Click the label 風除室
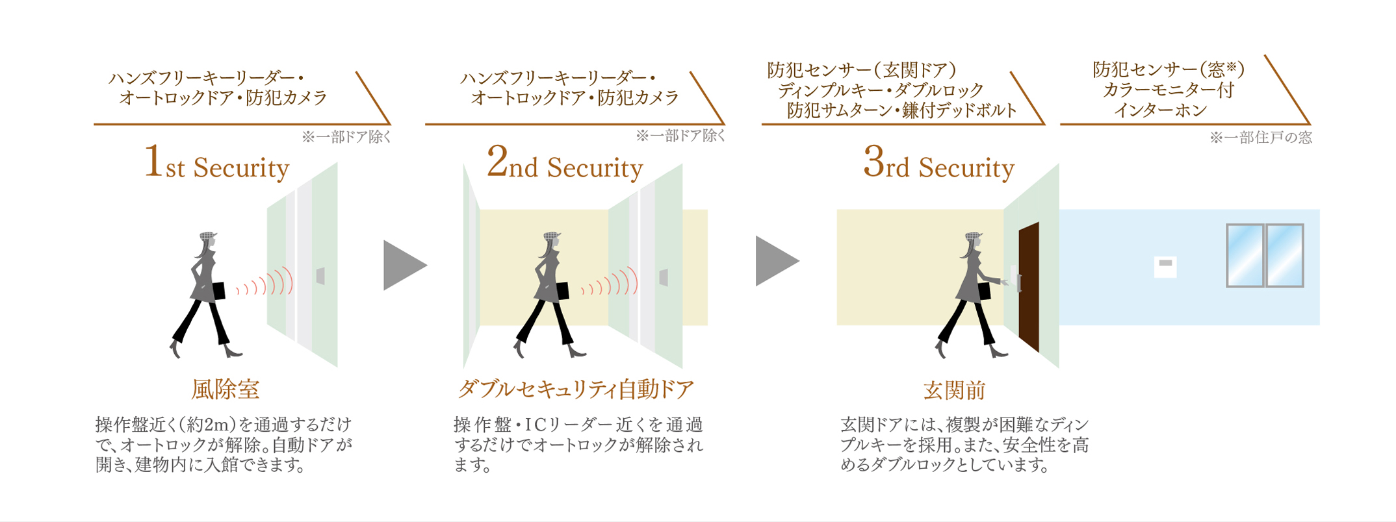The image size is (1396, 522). [x=225, y=390]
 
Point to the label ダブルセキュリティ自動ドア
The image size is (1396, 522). [x=576, y=390]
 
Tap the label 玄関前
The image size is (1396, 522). [x=954, y=390]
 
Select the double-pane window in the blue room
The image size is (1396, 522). [x=1264, y=255]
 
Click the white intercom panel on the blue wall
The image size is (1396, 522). [x=1165, y=267]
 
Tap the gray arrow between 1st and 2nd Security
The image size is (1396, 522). [x=403, y=265]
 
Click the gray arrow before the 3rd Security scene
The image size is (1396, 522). [x=775, y=261]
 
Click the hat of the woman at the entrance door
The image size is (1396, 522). [x=972, y=237]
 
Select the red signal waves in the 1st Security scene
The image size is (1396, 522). [x=266, y=284]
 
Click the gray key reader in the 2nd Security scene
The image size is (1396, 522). [x=663, y=277]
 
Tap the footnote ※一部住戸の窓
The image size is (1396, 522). [x=1260, y=138]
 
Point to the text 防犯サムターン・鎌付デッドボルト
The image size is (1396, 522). [x=901, y=111]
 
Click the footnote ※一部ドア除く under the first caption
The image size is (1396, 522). [x=346, y=137]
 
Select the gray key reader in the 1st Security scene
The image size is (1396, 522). [x=320, y=276]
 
